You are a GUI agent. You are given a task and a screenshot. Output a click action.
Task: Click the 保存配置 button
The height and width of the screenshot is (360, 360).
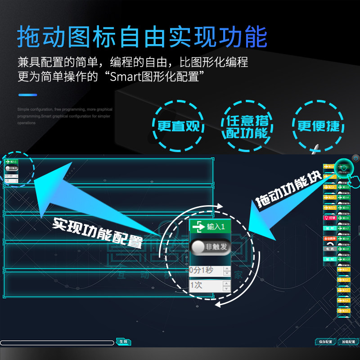click(325, 342)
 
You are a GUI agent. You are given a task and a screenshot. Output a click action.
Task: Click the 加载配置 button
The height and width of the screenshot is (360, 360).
click(348, 342)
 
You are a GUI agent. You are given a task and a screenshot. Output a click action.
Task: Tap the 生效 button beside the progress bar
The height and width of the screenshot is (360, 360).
click(123, 342)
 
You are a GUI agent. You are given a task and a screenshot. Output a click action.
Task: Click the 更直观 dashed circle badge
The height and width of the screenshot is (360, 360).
click(178, 126)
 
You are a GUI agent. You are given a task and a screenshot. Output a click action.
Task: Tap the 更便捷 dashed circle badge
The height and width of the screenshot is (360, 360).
click(318, 126)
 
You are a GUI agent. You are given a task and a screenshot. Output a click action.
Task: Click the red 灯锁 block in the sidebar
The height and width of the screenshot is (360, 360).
click(330, 218)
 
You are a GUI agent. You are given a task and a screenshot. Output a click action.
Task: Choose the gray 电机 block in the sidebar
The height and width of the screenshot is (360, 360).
click(329, 248)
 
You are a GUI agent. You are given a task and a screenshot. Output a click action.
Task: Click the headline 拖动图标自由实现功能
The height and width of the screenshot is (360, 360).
click(142, 37)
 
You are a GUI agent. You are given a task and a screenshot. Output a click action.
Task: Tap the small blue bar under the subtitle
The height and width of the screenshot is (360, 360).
click(27, 95)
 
